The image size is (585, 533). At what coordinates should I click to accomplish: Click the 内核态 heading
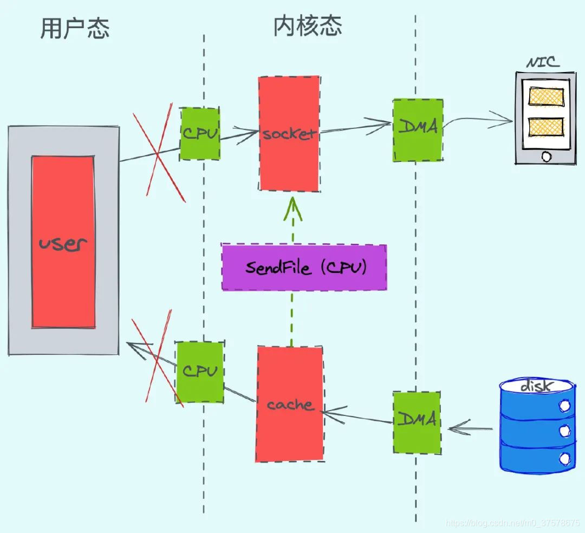coord(307,26)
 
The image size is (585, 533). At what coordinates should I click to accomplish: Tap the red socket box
coord(289,134)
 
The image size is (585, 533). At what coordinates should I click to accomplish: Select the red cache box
coord(290,404)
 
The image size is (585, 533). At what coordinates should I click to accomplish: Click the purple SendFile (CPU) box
coord(304,268)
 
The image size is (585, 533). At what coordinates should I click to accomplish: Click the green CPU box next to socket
coord(200,133)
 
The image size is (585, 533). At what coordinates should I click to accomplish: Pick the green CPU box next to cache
coord(199,372)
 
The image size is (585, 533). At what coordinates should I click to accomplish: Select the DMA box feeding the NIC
coord(418,129)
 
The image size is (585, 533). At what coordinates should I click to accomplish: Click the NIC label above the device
coord(542,63)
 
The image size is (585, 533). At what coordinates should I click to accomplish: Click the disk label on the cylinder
coord(536,386)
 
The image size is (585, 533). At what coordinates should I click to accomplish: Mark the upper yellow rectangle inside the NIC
coord(546,97)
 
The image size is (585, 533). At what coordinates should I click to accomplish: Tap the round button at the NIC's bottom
coord(546,157)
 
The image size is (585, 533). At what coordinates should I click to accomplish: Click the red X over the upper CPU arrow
coord(159,152)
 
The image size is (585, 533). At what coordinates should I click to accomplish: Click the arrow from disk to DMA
coord(469,430)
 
